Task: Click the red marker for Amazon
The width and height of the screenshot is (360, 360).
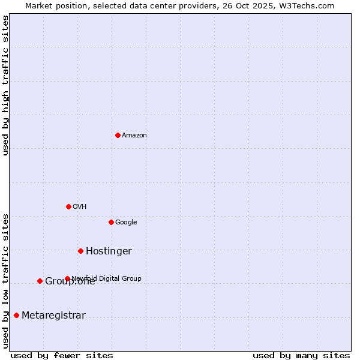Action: (118, 135)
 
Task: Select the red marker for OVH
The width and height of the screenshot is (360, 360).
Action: (68, 206)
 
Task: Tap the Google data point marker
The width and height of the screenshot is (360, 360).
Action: (111, 222)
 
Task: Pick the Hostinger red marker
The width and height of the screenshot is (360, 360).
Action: (80, 251)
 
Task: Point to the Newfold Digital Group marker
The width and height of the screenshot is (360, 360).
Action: (67, 278)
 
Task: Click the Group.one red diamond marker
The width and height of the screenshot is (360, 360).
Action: (40, 281)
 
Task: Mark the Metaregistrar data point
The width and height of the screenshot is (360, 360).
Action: (16, 315)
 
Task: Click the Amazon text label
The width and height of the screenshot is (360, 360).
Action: (134, 136)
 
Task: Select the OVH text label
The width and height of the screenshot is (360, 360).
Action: (80, 207)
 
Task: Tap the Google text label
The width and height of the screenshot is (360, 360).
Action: (126, 223)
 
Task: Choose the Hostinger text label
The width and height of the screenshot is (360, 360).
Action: (109, 251)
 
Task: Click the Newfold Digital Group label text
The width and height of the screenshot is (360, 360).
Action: (107, 278)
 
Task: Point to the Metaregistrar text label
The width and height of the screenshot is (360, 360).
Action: (53, 316)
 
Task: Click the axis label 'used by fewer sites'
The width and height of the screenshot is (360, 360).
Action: (62, 355)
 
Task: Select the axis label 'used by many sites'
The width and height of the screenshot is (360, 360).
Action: (301, 355)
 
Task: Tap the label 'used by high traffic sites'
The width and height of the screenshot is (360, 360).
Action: (5, 85)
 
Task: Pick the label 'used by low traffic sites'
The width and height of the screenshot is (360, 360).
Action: (5, 280)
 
